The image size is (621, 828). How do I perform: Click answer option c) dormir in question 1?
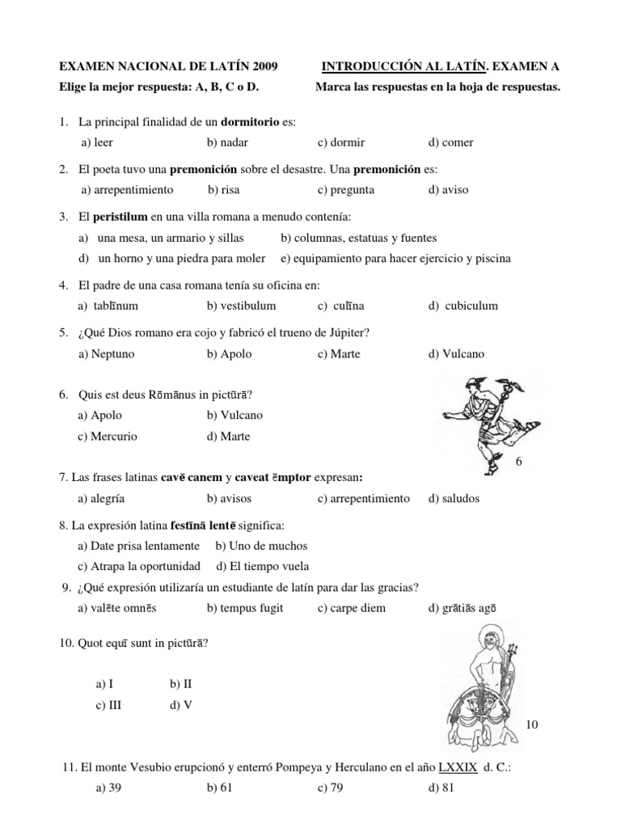(x=341, y=142)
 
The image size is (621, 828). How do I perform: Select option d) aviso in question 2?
(x=449, y=190)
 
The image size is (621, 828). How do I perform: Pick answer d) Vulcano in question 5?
(x=458, y=354)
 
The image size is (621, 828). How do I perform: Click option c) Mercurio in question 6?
(x=108, y=437)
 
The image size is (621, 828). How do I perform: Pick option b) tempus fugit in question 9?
(x=245, y=608)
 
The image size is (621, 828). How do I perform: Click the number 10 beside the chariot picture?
(x=531, y=725)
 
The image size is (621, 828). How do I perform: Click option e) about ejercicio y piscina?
(x=395, y=259)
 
